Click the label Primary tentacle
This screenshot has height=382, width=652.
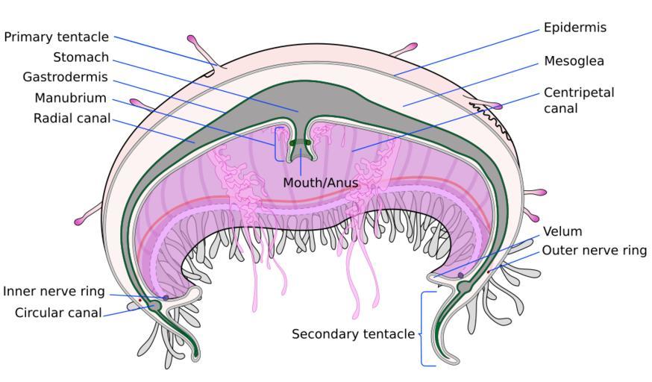(57, 37)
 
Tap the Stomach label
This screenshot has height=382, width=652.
(81, 57)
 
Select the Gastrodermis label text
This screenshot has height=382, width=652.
(65, 78)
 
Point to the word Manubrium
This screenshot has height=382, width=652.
(70, 98)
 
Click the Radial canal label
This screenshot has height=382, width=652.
(72, 119)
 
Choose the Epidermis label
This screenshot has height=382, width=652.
(574, 28)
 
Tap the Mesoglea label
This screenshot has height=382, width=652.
(574, 61)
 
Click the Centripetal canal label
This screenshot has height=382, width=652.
(578, 100)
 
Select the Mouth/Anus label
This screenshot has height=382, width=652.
(320, 183)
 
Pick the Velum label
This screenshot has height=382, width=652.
(562, 231)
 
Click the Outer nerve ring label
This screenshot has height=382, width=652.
(594, 251)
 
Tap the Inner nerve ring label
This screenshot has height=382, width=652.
(54, 292)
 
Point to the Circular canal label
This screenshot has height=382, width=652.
(58, 313)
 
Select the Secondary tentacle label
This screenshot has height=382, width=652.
(353, 334)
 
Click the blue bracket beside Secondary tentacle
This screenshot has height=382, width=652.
(423, 328)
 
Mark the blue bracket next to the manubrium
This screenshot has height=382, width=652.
(277, 143)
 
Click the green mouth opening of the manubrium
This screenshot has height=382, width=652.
(301, 143)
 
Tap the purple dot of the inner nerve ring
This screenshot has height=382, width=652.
(165, 298)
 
